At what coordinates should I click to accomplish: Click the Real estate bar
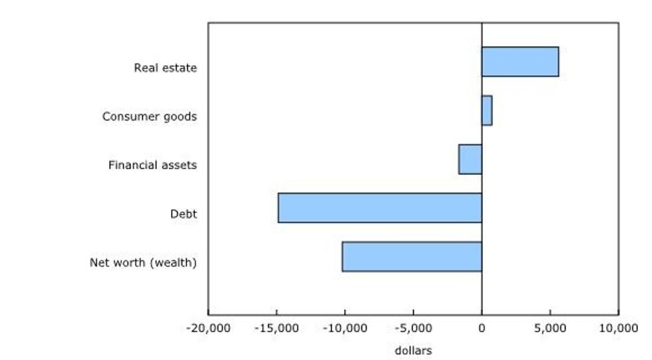[x=520, y=62]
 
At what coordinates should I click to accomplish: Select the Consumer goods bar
[x=486, y=110]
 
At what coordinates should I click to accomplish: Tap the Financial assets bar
[x=470, y=159]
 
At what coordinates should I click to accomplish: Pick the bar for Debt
[x=379, y=208]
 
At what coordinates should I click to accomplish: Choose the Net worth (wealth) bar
[x=411, y=256]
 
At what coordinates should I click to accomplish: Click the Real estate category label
[x=165, y=68]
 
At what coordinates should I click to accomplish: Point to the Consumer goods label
[x=149, y=116]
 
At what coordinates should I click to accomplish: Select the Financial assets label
[x=152, y=165]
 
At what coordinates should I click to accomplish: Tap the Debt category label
[x=184, y=214]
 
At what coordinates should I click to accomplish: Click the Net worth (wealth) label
[x=143, y=262]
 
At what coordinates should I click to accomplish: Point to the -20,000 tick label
[x=208, y=328]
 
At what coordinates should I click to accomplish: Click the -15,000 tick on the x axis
[x=277, y=328]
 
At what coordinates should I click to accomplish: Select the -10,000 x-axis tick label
[x=345, y=328]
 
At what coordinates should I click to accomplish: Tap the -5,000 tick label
[x=413, y=328]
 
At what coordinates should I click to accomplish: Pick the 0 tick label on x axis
[x=482, y=328]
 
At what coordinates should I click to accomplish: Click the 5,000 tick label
[x=550, y=328]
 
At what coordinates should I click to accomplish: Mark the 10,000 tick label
[x=618, y=328]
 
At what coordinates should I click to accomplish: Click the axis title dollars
[x=413, y=350]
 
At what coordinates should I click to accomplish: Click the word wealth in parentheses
[x=174, y=262]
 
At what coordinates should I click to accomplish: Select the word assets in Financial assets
[x=178, y=165]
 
